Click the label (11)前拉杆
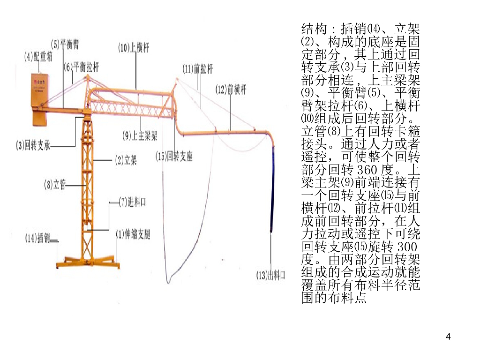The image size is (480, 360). coord(197,69)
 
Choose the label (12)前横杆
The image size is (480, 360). coord(231,89)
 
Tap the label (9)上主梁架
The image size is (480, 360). coord(140,136)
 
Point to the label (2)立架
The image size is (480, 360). coord(126,161)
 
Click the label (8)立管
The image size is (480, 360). coord(55,185)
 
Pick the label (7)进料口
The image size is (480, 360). coord(132,202)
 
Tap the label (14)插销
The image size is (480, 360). coord(37,238)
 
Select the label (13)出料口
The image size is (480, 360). coord(270,275)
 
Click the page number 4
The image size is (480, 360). coord(449,336)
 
